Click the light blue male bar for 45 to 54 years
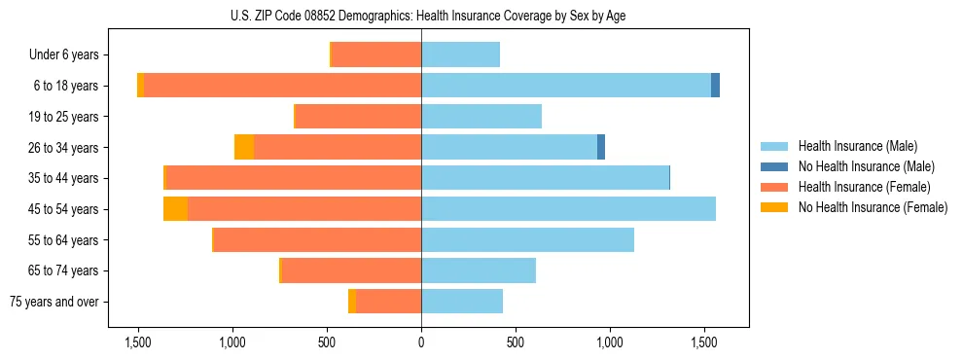[568, 209]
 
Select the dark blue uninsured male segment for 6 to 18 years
[715, 86]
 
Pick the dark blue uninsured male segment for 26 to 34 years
[601, 147]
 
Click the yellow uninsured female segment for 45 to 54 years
[175, 209]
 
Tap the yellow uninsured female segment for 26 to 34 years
[244, 147]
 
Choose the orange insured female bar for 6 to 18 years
[282, 86]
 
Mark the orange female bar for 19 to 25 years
[358, 117]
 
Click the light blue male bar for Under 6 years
[460, 54]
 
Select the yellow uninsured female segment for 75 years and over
[352, 302]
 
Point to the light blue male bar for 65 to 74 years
[479, 270]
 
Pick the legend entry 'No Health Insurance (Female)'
[872, 207]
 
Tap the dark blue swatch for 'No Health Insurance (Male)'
[774, 166]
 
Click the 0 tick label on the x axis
[421, 342]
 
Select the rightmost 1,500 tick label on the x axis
[704, 342]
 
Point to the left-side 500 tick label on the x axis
[327, 342]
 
